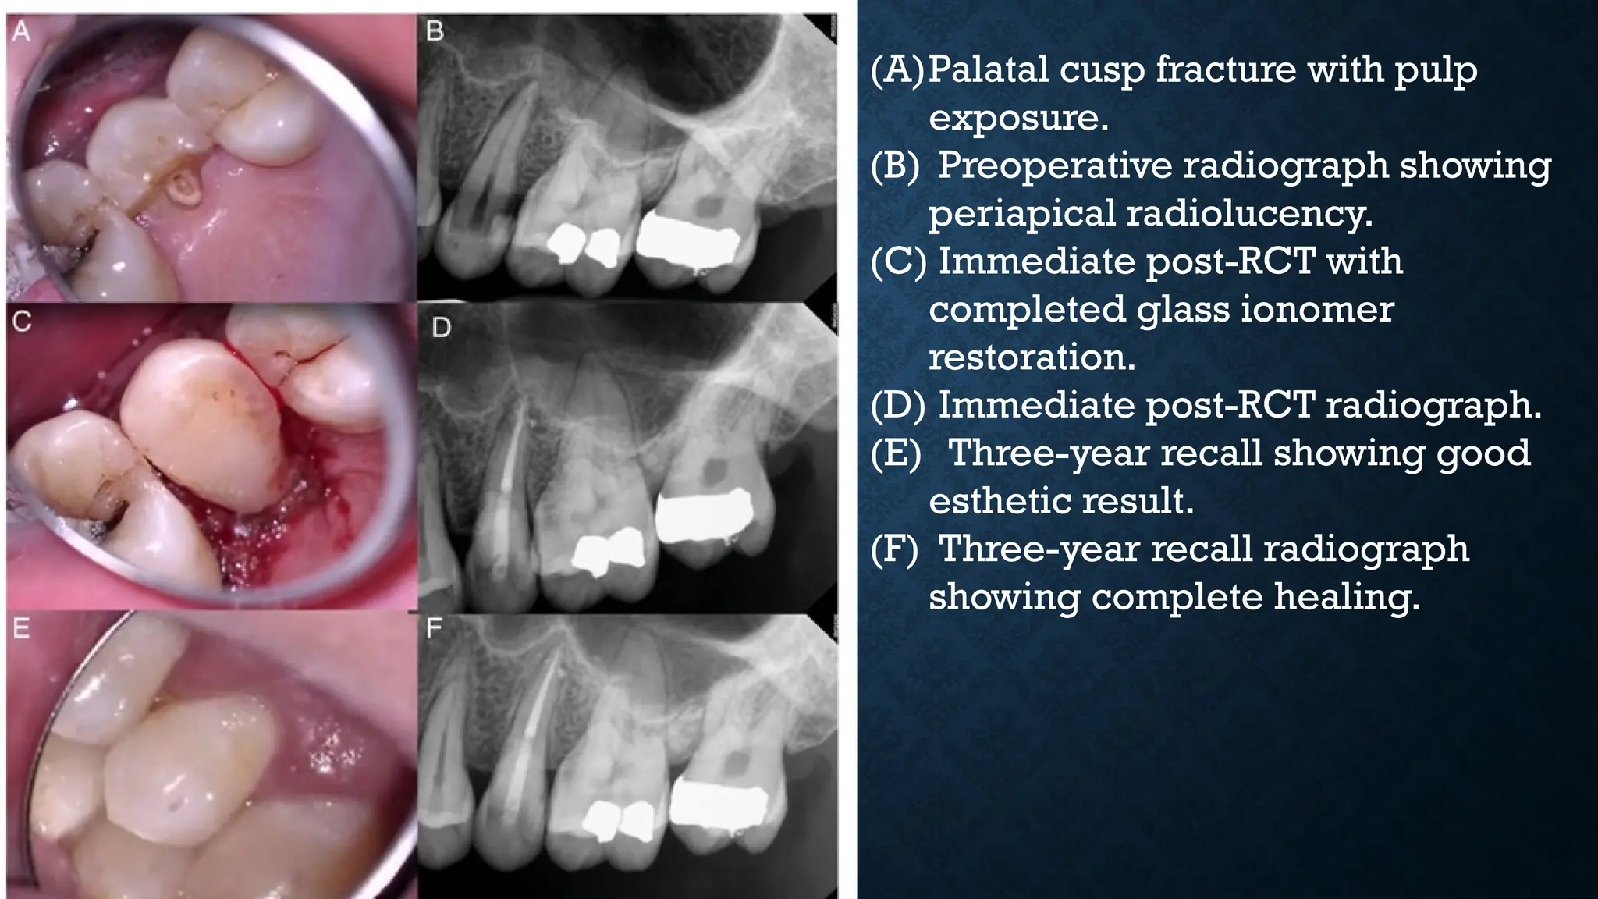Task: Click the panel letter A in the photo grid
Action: (x=21, y=32)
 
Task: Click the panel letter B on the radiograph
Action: (x=435, y=32)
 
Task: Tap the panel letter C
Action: (x=22, y=321)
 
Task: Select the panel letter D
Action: (x=441, y=327)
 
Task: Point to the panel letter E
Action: (x=21, y=628)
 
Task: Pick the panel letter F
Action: (x=435, y=628)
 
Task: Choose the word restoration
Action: (x=1032, y=357)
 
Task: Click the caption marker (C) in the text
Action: (x=898, y=262)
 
